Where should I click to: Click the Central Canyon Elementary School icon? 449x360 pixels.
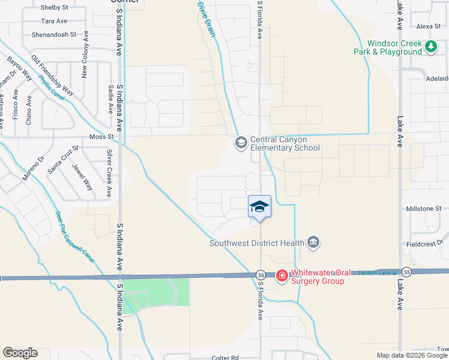point(241,143)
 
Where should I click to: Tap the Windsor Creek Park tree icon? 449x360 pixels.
point(430,47)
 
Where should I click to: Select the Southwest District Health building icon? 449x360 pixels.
point(313,242)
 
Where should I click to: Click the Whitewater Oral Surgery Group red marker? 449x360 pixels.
point(282,275)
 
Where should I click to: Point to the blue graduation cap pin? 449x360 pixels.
point(259,207)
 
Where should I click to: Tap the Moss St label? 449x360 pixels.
point(101,137)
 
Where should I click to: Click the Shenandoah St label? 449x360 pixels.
point(53,34)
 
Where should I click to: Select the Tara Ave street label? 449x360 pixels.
point(54,21)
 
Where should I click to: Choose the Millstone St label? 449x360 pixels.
point(424,208)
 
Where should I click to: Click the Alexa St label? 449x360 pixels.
point(429,26)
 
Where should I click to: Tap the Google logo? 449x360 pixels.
point(20,353)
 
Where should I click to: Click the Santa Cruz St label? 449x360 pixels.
point(63,158)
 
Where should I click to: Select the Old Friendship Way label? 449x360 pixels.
point(52,76)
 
